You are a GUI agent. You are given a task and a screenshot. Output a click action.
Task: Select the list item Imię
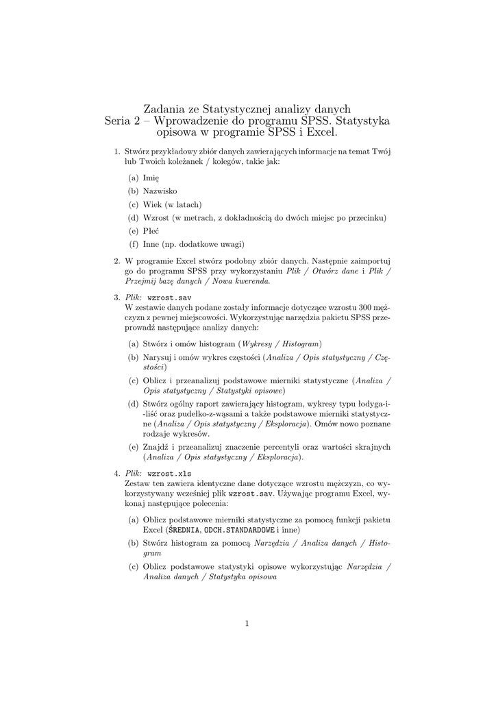tap(151, 178)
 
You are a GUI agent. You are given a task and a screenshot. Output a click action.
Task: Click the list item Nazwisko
tap(160, 191)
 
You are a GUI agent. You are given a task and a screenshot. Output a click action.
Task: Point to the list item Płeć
tap(151, 231)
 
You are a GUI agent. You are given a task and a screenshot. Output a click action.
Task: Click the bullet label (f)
tap(134, 244)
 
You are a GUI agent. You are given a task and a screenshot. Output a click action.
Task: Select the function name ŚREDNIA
tap(182, 530)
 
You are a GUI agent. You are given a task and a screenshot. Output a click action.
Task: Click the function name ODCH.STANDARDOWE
tap(239, 530)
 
